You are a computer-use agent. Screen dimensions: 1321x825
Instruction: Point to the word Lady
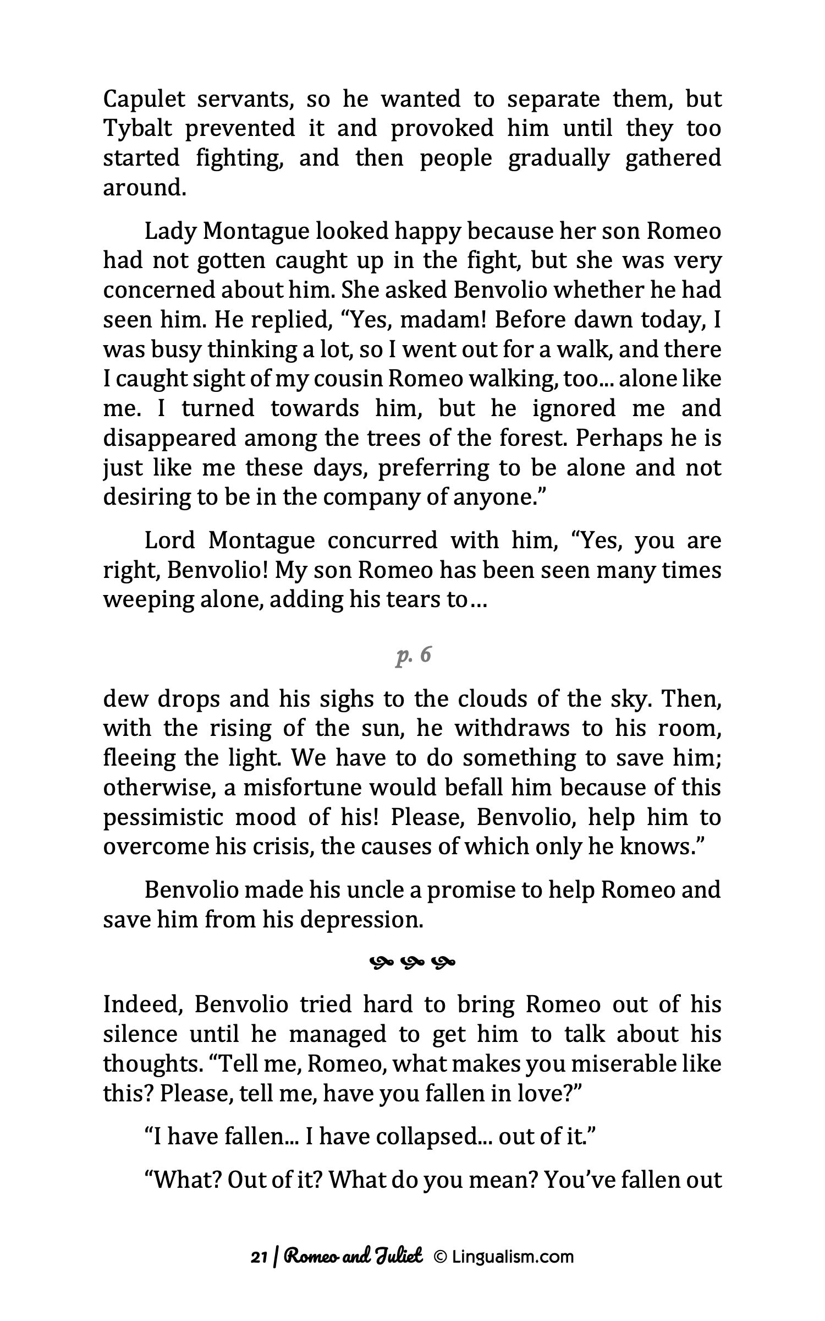[x=168, y=232]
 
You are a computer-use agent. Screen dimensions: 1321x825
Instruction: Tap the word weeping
[x=142, y=600]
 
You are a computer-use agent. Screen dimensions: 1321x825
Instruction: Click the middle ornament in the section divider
[x=413, y=963]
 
